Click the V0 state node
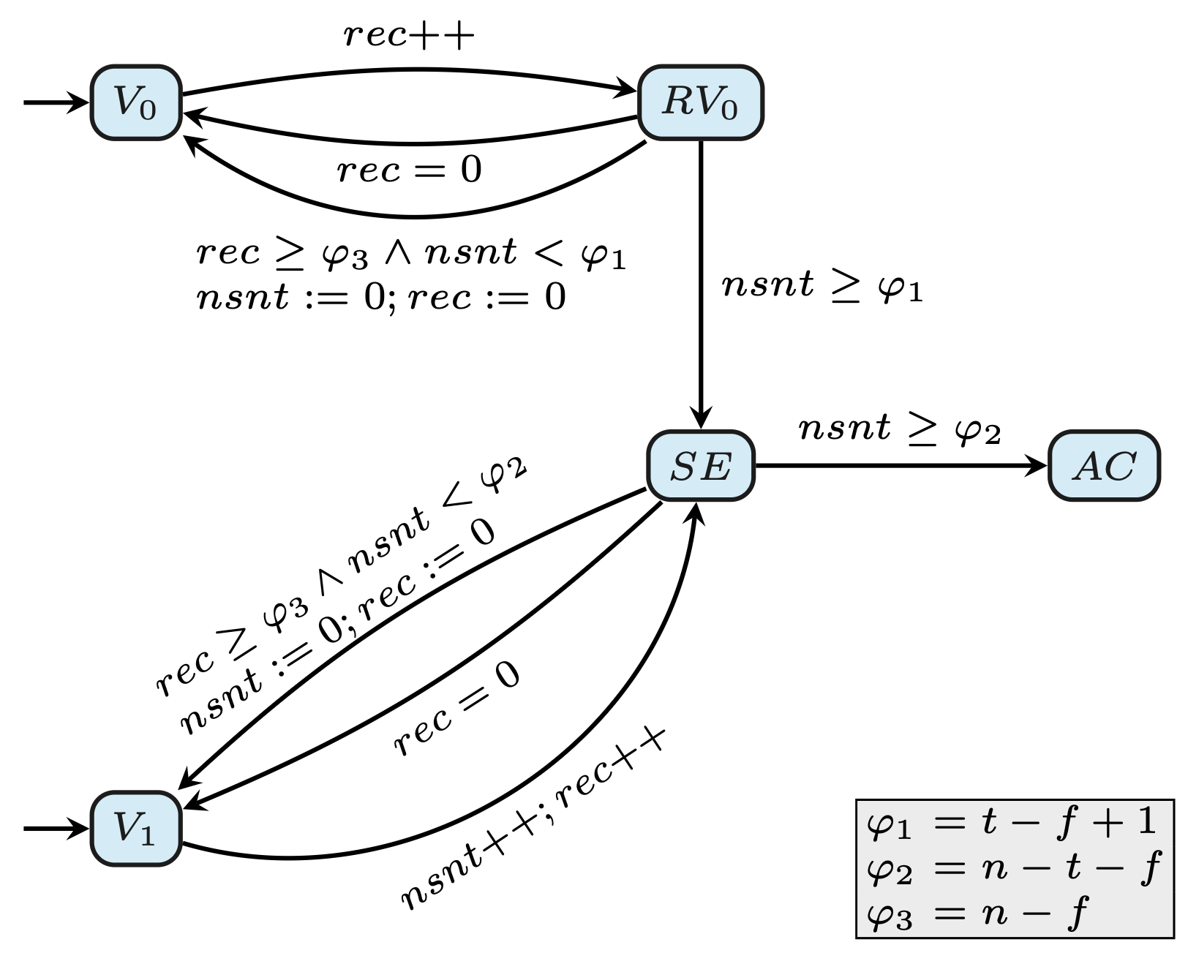(x=136, y=102)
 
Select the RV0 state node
(x=700, y=102)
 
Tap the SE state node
(x=700, y=466)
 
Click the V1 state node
(x=136, y=828)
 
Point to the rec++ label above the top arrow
(x=409, y=34)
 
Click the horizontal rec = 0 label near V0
(x=409, y=170)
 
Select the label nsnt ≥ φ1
(x=822, y=285)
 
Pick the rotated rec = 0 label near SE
(x=457, y=707)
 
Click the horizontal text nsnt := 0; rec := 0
(x=381, y=298)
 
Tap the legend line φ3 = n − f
(x=977, y=914)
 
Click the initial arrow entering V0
(x=55, y=102)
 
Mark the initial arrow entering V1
(x=55, y=828)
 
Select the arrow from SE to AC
(x=900, y=466)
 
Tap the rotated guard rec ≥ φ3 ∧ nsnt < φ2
(x=340, y=578)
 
